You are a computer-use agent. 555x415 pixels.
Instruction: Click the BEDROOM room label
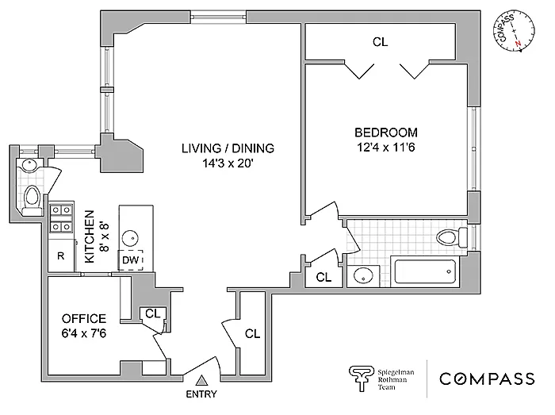tap(386, 133)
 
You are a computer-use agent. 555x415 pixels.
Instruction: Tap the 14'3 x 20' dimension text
tap(228, 163)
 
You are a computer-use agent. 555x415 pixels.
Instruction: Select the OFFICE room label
tap(84, 319)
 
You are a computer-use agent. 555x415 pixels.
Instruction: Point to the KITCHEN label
tap(90, 236)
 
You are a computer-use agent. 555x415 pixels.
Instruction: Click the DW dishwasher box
tap(130, 260)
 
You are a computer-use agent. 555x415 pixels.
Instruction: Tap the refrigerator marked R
tap(61, 256)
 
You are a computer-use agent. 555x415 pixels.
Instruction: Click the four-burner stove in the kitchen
tap(62, 218)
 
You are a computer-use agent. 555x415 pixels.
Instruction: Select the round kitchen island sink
tap(130, 238)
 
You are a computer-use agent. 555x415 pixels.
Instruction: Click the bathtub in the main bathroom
tap(425, 271)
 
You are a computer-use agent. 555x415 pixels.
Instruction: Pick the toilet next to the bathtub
tap(452, 237)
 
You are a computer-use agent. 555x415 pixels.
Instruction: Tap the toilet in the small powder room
tap(33, 200)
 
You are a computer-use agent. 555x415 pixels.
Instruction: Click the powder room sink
tap(29, 165)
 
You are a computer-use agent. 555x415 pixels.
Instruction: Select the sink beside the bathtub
tap(363, 276)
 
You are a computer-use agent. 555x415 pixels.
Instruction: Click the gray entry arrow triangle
tap(201, 381)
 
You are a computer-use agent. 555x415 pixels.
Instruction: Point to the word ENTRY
tap(201, 394)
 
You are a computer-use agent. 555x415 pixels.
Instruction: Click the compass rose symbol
tap(515, 31)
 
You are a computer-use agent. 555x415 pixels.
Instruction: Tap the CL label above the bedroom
tap(380, 42)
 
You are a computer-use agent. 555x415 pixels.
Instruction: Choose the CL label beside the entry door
tap(252, 333)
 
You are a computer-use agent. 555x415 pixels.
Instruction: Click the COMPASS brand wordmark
tap(487, 379)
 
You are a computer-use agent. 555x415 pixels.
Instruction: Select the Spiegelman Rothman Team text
tap(396, 379)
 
